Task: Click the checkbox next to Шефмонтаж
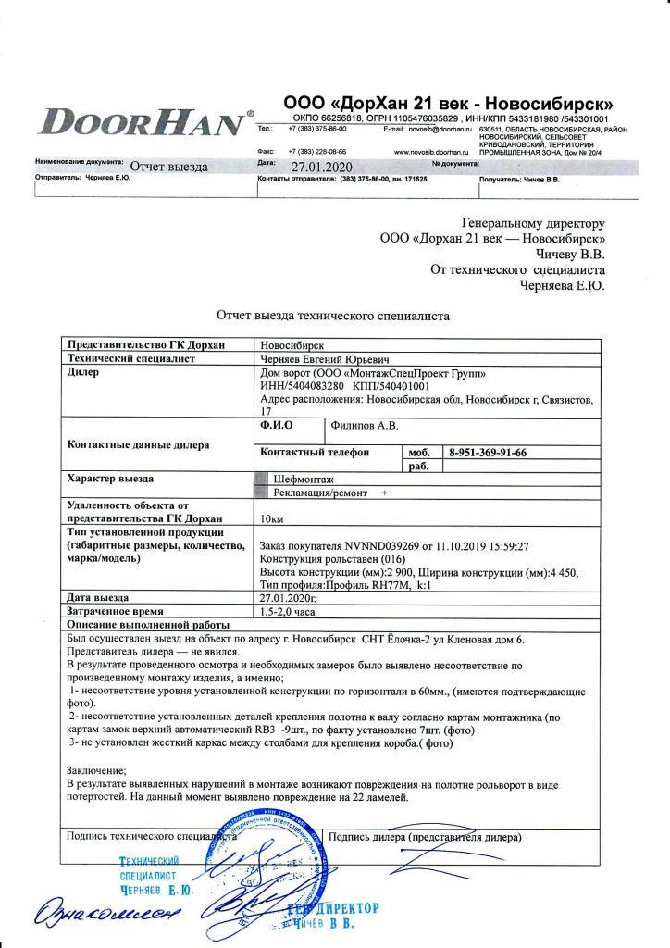pos(261,480)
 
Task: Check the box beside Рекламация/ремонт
pos(261,493)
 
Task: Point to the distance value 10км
pos(274,518)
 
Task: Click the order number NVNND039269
pos(381,547)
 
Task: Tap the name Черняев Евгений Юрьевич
pos(324,357)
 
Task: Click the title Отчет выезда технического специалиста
pos(332,316)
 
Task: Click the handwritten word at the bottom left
pos(90,916)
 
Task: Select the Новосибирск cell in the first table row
pos(293,343)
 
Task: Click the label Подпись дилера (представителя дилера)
pos(425,836)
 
